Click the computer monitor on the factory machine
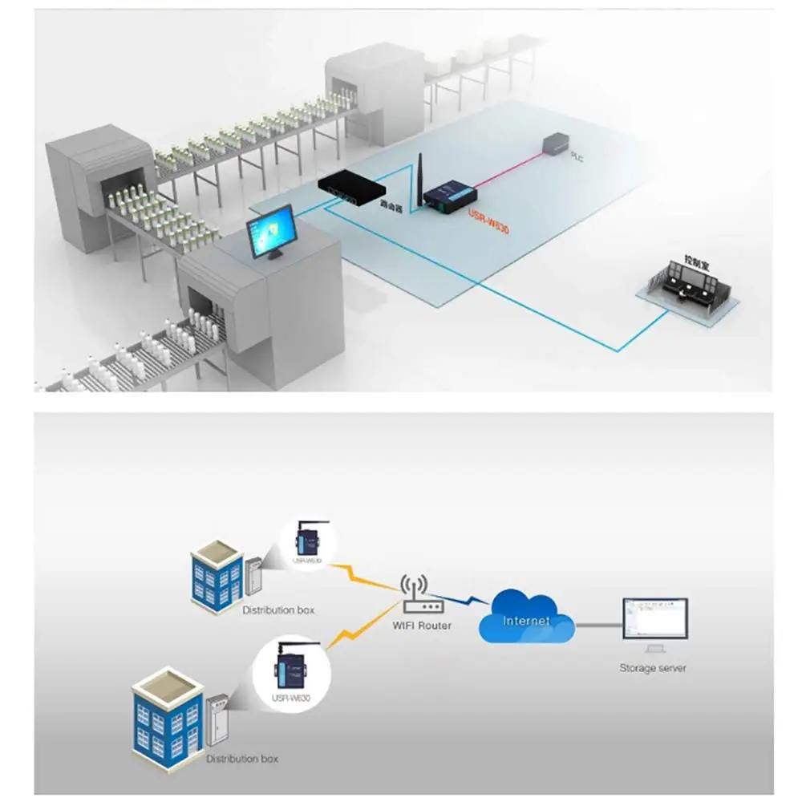272,232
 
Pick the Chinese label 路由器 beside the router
391,205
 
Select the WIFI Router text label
423,626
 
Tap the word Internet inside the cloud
526,621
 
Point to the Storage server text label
653,668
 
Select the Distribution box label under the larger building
242,759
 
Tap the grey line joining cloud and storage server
597,623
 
